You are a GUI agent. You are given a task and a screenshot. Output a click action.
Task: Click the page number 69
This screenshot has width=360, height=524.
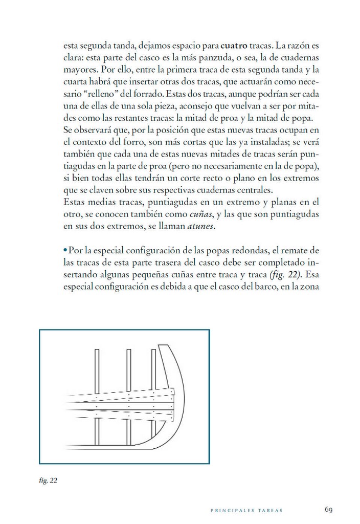(329, 510)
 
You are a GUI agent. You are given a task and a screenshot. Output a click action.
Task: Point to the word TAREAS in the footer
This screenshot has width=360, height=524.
(269, 511)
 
